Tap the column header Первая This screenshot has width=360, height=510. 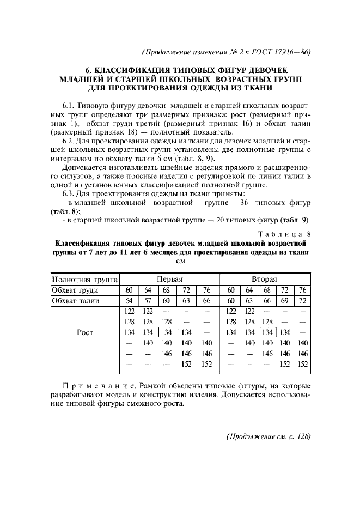click(169, 278)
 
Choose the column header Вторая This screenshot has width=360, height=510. click(268, 278)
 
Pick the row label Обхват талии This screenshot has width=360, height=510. click(74, 301)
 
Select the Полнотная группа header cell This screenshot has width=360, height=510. click(85, 278)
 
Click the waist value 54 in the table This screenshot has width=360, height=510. click(129, 301)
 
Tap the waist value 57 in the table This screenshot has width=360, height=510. click(148, 301)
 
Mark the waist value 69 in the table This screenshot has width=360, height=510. click(284, 301)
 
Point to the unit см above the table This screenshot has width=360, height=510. click(180, 260)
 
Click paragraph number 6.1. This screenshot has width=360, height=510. click(69, 104)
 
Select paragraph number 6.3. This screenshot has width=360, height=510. click(69, 194)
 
